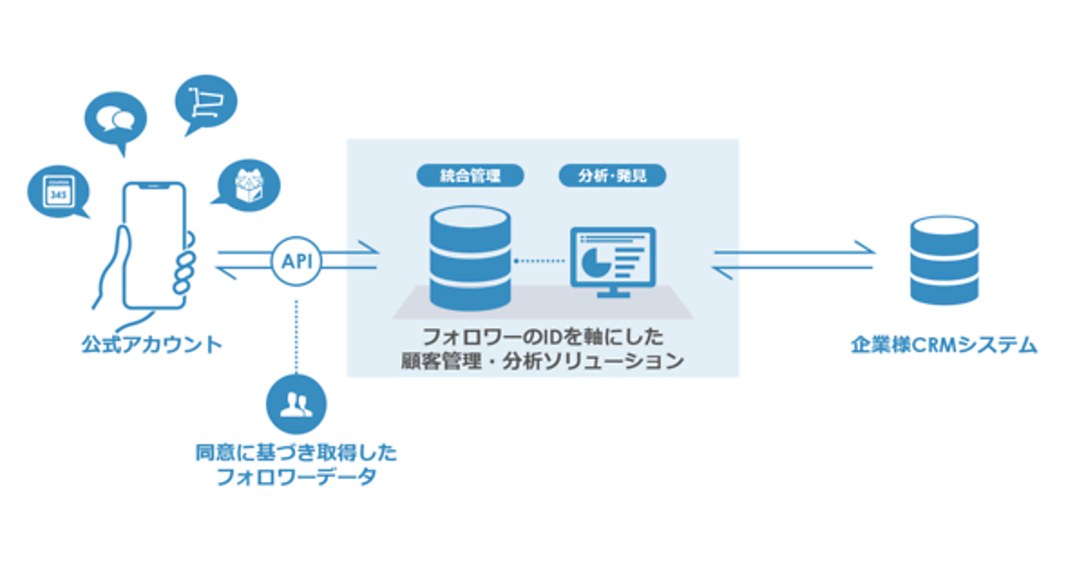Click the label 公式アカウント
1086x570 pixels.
(x=150, y=345)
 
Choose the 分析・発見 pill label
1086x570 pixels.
(x=613, y=176)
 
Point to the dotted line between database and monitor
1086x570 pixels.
(x=539, y=261)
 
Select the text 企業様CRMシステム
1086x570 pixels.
(x=944, y=345)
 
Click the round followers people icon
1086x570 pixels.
(x=296, y=404)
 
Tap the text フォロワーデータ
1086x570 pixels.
(x=296, y=478)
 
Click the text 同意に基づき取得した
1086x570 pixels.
(x=296, y=452)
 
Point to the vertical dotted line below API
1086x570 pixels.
(x=296, y=330)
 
